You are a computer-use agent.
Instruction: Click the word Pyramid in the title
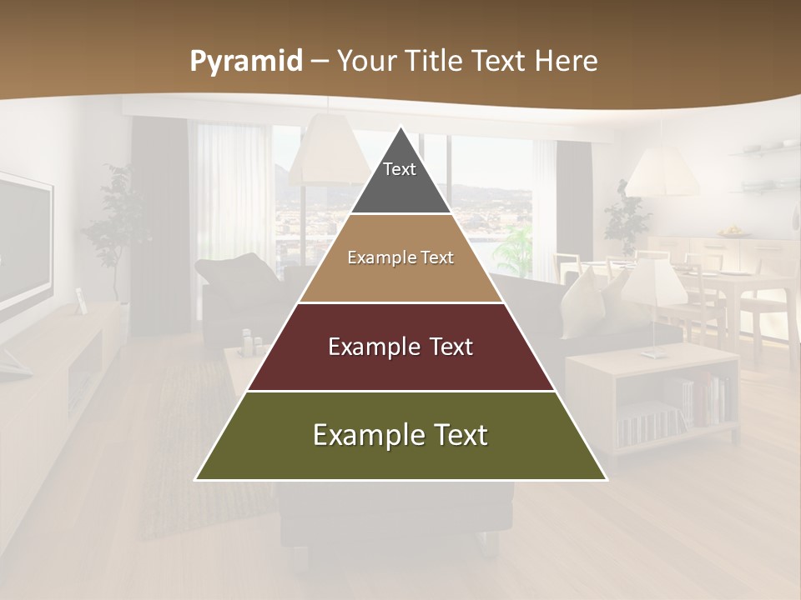pyautogui.click(x=246, y=62)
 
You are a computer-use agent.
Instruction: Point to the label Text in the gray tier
pyautogui.click(x=400, y=169)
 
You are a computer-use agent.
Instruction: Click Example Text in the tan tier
pyautogui.click(x=400, y=257)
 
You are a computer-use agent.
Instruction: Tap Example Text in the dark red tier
pyautogui.click(x=400, y=347)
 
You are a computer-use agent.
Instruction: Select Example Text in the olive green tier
pyautogui.click(x=400, y=435)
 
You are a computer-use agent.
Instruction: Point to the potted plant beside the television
pyautogui.click(x=112, y=225)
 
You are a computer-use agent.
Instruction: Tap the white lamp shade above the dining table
pyautogui.click(x=662, y=175)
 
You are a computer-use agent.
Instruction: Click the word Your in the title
pyautogui.click(x=367, y=62)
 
